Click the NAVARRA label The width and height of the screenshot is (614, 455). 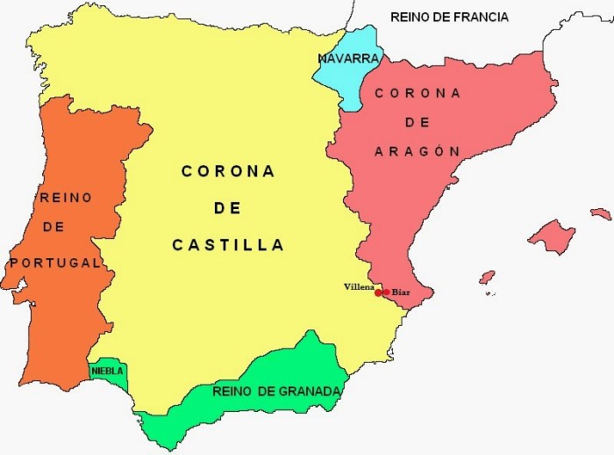tap(349, 59)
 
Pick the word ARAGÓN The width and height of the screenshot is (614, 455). tap(417, 151)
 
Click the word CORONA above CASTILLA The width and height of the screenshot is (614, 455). tap(228, 171)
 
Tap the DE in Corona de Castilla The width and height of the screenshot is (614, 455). tap(228, 209)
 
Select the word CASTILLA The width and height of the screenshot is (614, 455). tap(228, 246)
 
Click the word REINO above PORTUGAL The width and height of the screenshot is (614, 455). tap(66, 198)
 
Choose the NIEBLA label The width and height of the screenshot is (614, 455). tap(107, 372)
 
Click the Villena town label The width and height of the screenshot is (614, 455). tap(359, 287)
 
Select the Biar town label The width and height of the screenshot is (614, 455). tap(400, 292)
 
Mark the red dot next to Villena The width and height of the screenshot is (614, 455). tap(378, 292)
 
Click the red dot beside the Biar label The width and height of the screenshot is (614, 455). tap(386, 292)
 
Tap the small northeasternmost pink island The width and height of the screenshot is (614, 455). tap(601, 213)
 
